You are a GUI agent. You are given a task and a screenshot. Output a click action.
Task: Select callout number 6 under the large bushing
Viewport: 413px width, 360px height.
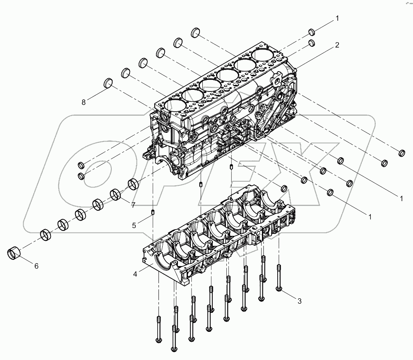pos(36,266)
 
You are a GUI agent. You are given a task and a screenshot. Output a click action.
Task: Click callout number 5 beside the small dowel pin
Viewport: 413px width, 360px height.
pos(134,226)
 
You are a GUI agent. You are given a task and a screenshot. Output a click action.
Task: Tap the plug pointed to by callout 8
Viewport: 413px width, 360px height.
pos(108,82)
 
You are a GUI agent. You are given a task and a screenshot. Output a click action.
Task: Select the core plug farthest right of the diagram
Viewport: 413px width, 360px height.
pos(401,153)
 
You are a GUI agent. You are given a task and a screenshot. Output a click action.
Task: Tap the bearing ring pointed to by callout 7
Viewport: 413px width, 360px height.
pos(115,194)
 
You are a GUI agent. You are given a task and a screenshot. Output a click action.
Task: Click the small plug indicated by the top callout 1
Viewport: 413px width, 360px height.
pos(312,32)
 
